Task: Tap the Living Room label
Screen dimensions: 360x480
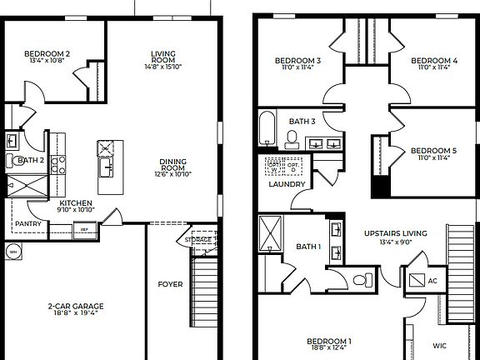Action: [x=162, y=55]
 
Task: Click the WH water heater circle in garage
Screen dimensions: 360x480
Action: [x=13, y=250]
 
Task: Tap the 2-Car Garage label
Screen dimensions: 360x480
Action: [x=75, y=306]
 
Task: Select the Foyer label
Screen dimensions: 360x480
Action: [x=170, y=284]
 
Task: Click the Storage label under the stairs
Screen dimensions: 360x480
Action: [x=198, y=240]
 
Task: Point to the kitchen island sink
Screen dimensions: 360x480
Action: [x=107, y=169]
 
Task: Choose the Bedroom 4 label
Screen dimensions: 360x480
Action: [x=434, y=60]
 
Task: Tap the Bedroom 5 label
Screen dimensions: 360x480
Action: [x=434, y=150]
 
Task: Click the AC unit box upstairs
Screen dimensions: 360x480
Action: [x=417, y=280]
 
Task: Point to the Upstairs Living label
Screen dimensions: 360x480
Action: [x=395, y=232]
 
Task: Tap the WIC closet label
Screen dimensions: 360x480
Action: [x=439, y=344]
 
